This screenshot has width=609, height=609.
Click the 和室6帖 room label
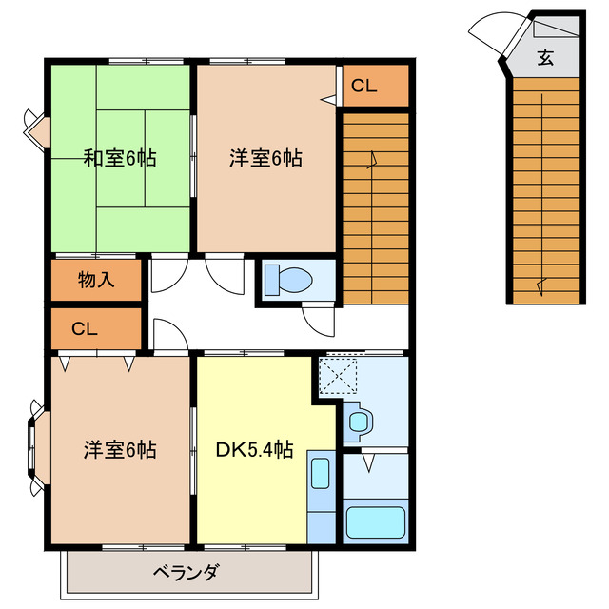[119, 159]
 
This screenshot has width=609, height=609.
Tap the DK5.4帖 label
[253, 450]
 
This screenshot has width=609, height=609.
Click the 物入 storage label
[96, 280]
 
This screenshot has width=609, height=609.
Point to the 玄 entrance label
[545, 57]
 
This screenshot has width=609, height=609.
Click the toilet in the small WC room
[288, 281]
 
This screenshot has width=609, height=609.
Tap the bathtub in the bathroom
[374, 523]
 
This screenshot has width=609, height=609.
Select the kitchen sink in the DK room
[321, 474]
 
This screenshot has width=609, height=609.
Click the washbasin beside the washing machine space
[359, 420]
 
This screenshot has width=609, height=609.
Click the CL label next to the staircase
[364, 87]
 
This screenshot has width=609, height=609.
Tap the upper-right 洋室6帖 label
[265, 159]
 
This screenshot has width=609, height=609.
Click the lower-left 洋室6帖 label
[120, 449]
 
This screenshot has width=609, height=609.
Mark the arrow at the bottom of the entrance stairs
[542, 283]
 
